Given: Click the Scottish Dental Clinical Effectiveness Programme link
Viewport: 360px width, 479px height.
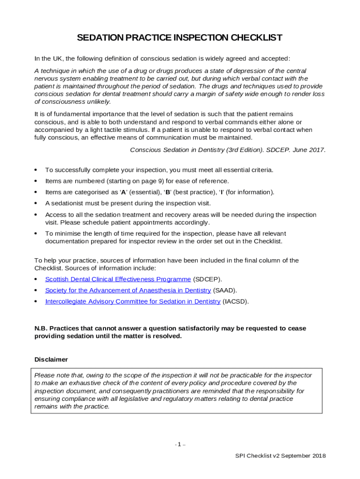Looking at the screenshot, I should (118, 279).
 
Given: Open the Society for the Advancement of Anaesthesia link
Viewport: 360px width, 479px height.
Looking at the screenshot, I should (128, 290).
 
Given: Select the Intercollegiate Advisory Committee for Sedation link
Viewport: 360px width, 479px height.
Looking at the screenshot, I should (132, 302).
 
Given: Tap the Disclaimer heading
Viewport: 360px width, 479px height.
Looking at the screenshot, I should (51, 360).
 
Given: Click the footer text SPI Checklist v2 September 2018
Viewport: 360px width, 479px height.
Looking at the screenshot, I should (281, 456).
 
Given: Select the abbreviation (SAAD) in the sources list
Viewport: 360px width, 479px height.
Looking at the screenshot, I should (225, 290).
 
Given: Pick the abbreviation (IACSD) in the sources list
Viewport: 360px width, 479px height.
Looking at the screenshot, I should (236, 302).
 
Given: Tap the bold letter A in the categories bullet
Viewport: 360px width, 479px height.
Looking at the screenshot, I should (123, 192).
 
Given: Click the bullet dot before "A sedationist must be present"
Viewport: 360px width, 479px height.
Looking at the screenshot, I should (36, 203).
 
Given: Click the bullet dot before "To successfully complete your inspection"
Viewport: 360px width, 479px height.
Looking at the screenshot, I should (36, 170).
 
